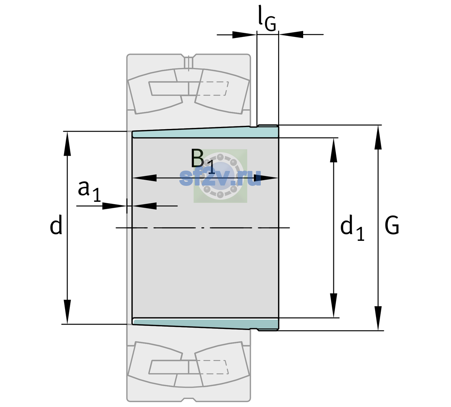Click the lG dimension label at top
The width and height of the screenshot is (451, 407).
267,18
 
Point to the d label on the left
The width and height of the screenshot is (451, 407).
56,225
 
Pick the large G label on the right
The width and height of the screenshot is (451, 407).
392,225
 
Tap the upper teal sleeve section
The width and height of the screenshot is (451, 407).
205,133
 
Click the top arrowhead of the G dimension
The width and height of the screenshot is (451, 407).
378,137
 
